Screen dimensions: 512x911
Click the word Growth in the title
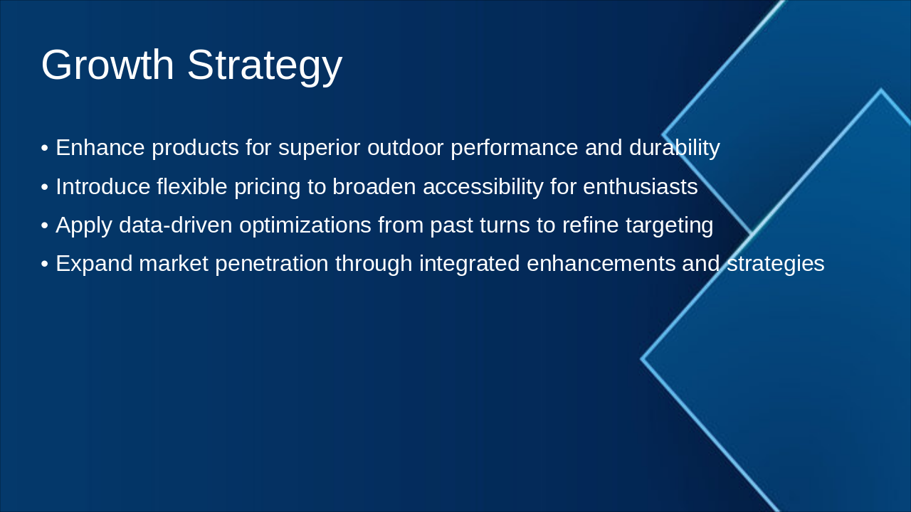(x=107, y=65)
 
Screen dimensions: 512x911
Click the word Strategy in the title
(x=264, y=66)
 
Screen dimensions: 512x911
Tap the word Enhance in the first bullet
(x=100, y=148)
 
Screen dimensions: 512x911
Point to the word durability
(x=674, y=148)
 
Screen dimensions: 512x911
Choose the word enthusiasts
(x=640, y=187)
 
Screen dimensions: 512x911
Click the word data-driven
(x=176, y=225)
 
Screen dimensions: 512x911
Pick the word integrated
(x=469, y=265)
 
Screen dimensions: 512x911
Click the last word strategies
(x=775, y=265)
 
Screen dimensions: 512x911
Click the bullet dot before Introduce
(x=44, y=188)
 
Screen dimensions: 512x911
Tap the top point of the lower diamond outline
(x=881, y=90)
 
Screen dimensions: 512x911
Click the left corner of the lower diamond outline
(x=642, y=359)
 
